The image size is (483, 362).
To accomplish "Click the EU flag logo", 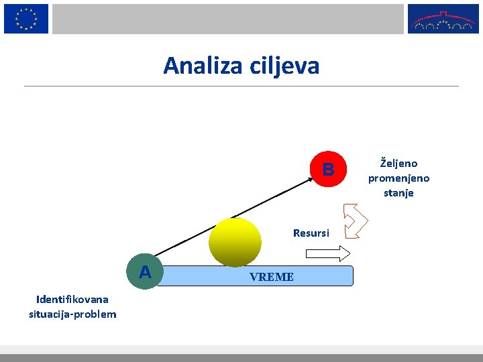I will (x=26, y=19).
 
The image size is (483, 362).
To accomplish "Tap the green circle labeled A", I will (x=145, y=272).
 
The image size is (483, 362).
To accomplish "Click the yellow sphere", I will (x=235, y=242).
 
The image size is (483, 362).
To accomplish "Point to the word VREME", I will (x=271, y=277).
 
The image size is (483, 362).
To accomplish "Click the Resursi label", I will (x=311, y=233).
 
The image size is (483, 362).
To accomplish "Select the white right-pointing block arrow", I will (x=328, y=253).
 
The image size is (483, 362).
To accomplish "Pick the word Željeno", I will (x=398, y=163).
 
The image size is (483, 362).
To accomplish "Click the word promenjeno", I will (x=398, y=178).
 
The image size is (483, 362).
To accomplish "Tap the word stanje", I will (x=398, y=193).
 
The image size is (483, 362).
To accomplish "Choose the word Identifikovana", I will (x=72, y=299).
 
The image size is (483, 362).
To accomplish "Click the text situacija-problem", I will (x=72, y=314).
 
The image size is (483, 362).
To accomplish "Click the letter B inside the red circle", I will (x=328, y=170).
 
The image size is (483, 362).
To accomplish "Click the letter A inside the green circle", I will (x=145, y=272).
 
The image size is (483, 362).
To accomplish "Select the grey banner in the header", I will (x=228, y=19).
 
